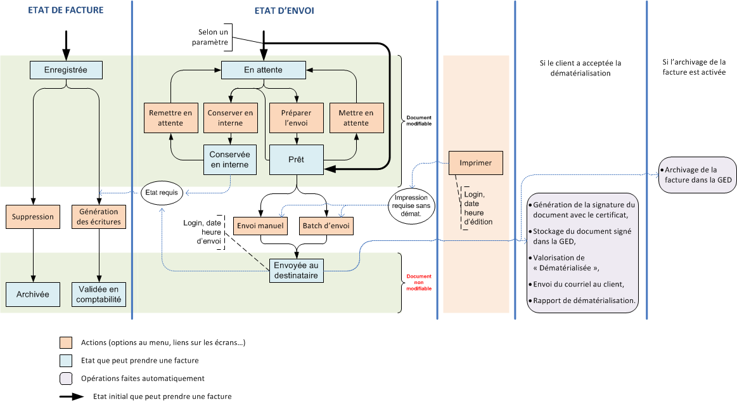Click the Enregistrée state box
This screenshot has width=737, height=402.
point(67,70)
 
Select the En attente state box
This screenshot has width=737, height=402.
point(263,70)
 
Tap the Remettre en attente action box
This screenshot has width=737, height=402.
point(170,118)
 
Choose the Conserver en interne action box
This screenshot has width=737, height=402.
point(230,118)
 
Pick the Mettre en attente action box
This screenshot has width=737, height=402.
point(356,118)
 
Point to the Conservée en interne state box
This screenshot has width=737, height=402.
point(230,160)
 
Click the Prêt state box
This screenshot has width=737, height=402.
point(296,160)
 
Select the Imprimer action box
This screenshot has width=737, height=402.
point(475,163)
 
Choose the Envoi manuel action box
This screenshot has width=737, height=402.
point(260,225)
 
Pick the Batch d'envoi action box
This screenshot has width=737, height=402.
point(326,225)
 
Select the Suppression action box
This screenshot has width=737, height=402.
point(32,217)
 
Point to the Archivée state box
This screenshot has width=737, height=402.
point(32,294)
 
